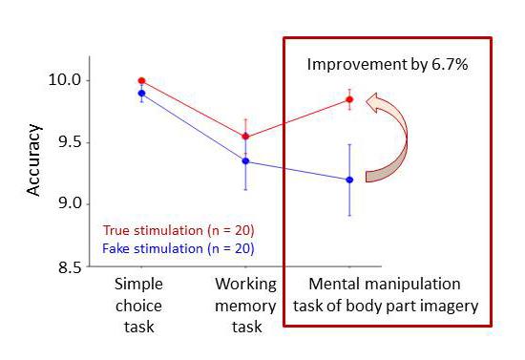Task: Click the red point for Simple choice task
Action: (141, 80)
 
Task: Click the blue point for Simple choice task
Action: (141, 94)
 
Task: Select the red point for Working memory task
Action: (245, 137)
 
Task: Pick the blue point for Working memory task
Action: (245, 161)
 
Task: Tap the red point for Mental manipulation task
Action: (349, 99)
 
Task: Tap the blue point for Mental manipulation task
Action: (349, 180)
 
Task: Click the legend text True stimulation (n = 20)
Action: (178, 230)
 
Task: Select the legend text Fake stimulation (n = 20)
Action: (178, 249)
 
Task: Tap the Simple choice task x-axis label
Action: (140, 305)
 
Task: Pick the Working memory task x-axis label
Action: (245, 305)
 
